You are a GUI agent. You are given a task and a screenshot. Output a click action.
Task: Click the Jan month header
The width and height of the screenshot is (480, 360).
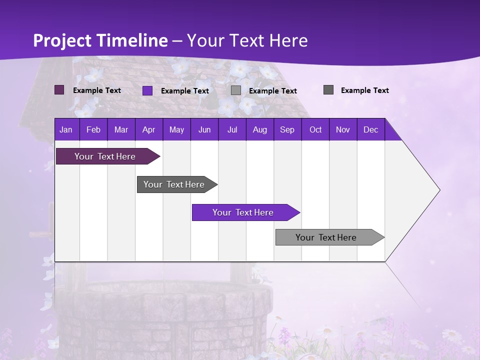(66, 129)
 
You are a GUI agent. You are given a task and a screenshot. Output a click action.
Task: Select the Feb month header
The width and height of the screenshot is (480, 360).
(93, 129)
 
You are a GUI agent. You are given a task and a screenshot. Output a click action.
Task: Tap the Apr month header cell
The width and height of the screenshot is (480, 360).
(148, 129)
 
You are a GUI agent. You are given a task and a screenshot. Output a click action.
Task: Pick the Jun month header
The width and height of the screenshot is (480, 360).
(204, 129)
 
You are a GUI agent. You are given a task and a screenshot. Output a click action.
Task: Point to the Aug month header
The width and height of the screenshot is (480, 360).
(259, 129)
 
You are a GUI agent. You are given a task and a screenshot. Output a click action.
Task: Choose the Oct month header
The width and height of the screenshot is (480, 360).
(315, 129)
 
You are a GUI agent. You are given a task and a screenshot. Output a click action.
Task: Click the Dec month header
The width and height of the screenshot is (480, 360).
(370, 129)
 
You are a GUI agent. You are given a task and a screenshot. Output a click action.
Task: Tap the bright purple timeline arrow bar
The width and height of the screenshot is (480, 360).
(243, 212)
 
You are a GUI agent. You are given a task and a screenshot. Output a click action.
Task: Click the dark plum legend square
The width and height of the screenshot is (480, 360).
(59, 90)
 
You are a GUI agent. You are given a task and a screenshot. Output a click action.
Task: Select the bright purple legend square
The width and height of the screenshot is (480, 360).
(147, 90)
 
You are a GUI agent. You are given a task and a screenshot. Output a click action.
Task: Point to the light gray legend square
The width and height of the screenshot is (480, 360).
(236, 90)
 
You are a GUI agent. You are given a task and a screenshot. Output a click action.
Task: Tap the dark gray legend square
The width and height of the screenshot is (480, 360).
(328, 90)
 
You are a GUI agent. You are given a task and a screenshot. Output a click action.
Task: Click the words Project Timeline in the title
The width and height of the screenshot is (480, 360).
(100, 40)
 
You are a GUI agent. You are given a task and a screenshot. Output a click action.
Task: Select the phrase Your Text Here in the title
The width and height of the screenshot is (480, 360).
(247, 40)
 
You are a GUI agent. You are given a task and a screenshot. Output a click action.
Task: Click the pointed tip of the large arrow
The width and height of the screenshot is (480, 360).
(438, 190)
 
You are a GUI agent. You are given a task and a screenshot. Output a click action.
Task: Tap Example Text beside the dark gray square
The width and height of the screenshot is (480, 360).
(364, 90)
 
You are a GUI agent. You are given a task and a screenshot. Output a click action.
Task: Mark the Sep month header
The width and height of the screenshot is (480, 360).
(287, 129)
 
